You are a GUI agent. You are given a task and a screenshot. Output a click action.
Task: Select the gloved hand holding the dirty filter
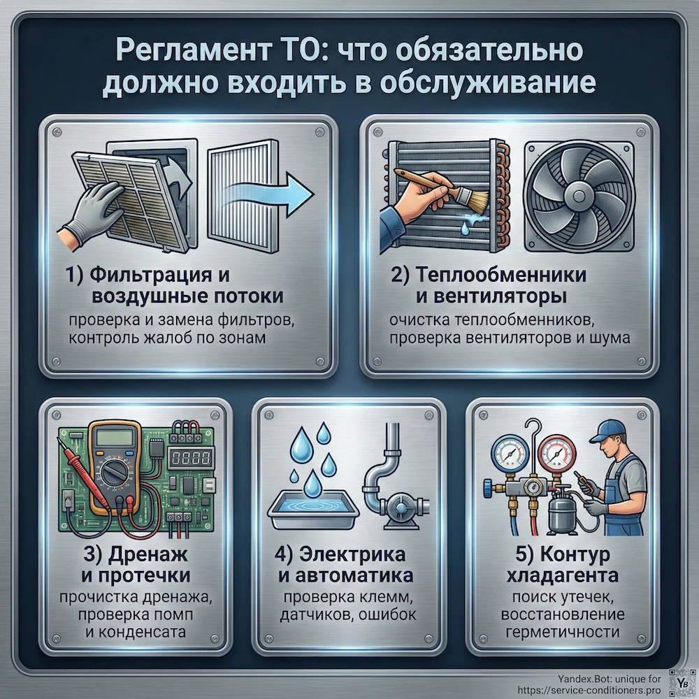click(91, 210)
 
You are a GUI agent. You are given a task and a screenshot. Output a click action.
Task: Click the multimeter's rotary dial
click(115, 475)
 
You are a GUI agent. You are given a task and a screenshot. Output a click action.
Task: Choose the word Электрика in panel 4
click(362, 556)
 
